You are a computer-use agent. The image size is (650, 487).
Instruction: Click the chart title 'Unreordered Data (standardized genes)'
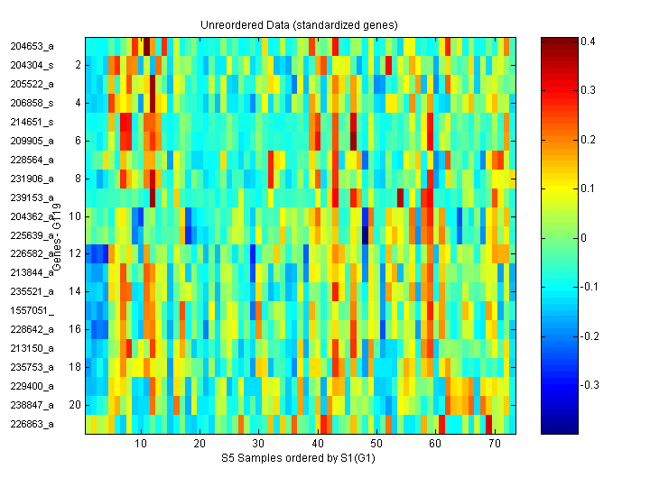click(x=299, y=24)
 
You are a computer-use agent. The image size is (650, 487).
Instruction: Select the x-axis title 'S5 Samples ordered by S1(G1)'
click(x=299, y=458)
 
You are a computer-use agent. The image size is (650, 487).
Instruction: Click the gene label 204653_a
click(x=32, y=46)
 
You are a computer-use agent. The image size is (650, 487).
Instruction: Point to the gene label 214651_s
click(x=32, y=122)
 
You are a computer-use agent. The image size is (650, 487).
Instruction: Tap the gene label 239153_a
click(x=32, y=198)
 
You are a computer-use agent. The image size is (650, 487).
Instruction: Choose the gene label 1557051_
click(x=32, y=310)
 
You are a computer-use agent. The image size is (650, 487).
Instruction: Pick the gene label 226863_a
click(x=32, y=424)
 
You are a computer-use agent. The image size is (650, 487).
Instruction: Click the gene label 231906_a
click(x=32, y=179)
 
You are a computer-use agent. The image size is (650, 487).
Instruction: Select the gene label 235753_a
click(x=32, y=367)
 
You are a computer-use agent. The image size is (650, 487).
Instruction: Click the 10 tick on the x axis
click(x=141, y=444)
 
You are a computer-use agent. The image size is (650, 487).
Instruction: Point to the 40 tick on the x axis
click(x=318, y=444)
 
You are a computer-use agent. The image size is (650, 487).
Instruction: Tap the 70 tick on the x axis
click(x=495, y=444)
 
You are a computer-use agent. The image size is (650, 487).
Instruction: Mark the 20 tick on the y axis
click(x=76, y=405)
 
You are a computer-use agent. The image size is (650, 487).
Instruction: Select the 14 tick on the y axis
click(x=76, y=291)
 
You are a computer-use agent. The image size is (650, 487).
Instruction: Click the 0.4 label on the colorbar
click(x=588, y=41)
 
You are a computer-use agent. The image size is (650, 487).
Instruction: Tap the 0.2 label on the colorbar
click(x=588, y=140)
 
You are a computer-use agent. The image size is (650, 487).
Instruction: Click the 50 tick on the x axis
click(x=376, y=444)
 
